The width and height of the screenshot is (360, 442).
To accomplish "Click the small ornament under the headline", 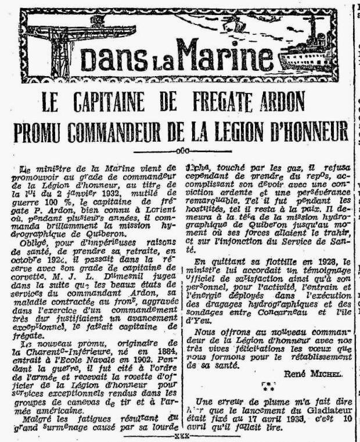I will click(181, 150).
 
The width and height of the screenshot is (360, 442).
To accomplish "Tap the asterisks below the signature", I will click(268, 385).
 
